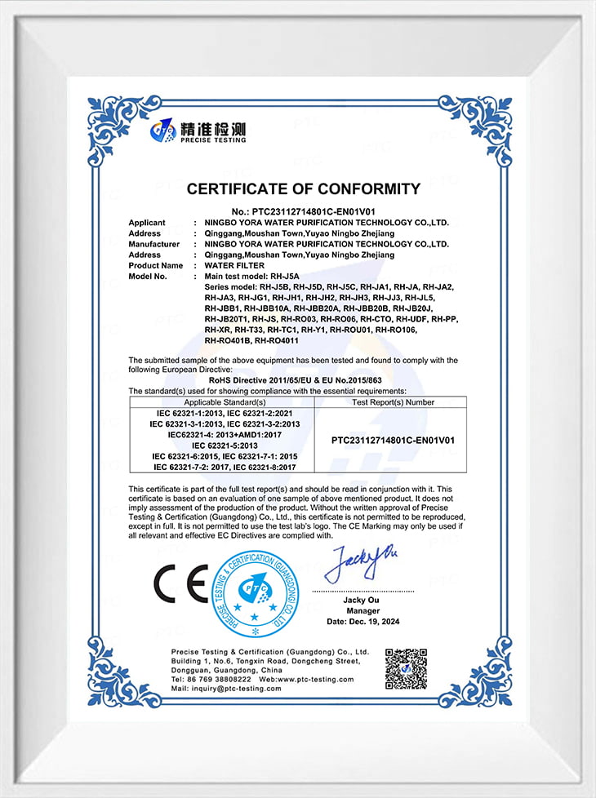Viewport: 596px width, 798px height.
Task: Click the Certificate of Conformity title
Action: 303,189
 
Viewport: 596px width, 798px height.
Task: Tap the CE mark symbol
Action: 181,584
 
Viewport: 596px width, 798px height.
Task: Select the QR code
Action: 405,668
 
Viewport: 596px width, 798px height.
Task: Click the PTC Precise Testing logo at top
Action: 198,131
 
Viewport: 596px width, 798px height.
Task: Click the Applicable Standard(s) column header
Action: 225,402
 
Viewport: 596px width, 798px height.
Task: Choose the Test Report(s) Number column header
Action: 393,402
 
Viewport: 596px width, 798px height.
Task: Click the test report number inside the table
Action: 393,440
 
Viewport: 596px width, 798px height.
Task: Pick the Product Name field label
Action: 155,265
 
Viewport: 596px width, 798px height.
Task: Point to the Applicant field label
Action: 147,222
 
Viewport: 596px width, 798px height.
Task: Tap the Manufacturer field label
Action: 153,244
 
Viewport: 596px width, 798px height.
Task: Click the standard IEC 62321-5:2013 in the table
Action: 225,446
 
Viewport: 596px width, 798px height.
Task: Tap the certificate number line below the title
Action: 303,211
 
